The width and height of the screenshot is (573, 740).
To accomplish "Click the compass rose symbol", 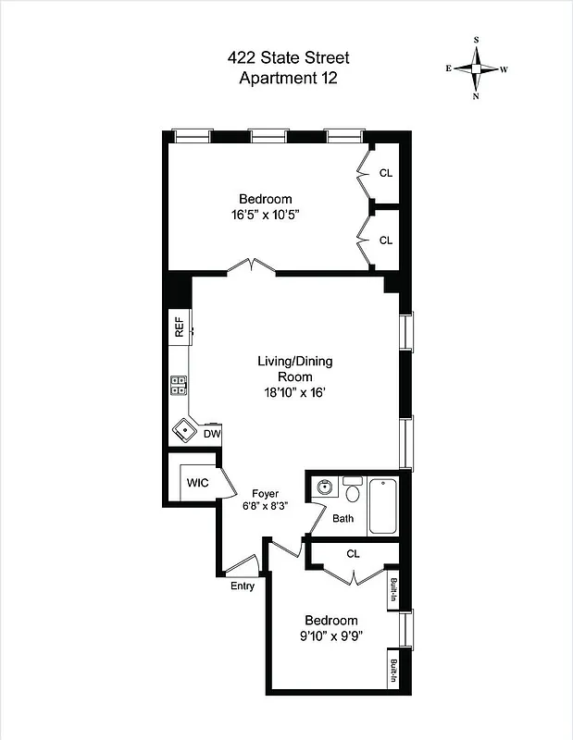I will tap(477, 68).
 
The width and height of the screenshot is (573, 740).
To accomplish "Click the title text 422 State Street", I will tap(288, 58).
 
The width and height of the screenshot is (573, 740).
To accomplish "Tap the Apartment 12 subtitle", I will tap(288, 79).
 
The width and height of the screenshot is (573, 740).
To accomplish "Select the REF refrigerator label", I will tap(179, 328).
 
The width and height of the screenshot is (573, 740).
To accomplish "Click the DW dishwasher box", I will tap(212, 433).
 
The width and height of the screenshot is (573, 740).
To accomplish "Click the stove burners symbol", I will tap(178, 387).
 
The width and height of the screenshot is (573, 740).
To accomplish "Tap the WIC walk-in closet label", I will tap(198, 483).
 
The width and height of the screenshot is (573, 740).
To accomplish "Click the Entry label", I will tap(243, 585).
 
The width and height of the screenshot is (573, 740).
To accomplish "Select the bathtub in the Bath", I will tap(383, 506).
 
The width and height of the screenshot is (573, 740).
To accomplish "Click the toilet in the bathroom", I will tap(352, 490).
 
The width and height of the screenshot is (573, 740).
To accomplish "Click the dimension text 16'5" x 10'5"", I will tap(266, 214).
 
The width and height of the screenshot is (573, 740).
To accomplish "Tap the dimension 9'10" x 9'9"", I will tap(330, 635).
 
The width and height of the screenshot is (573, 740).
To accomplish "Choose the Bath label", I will tap(343, 519).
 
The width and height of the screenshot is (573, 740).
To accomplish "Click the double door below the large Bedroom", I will tap(252, 267).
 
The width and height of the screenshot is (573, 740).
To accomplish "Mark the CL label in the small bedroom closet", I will tap(353, 554).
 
